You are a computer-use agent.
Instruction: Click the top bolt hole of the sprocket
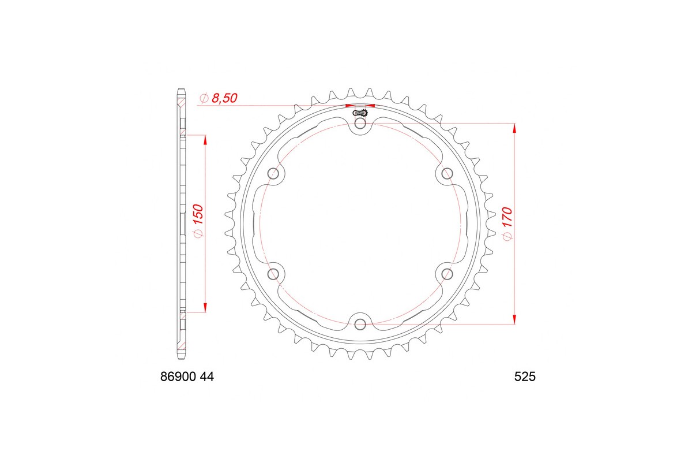(360, 124)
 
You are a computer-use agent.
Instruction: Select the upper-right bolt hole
(447, 173)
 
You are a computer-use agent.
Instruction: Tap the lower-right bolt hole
(447, 273)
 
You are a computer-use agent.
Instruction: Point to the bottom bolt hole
(360, 323)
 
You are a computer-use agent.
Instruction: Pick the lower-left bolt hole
(274, 273)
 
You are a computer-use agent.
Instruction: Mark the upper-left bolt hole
(274, 173)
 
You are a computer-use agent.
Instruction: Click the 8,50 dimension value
(225, 99)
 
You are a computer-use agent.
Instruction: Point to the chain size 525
(525, 377)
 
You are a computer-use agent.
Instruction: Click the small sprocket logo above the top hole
(362, 113)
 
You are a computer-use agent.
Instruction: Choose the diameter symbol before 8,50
(203, 99)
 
